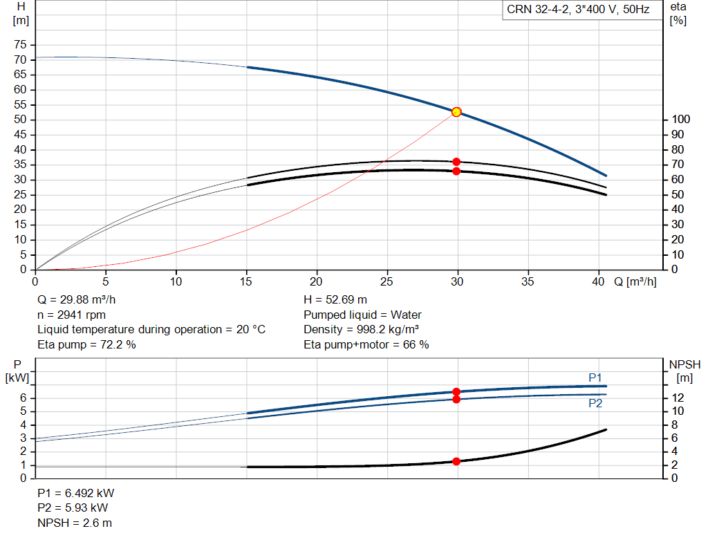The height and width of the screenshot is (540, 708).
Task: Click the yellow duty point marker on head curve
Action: tap(456, 112)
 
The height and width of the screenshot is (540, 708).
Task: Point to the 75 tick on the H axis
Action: tap(21, 45)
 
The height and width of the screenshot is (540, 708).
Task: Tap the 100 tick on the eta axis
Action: tap(680, 120)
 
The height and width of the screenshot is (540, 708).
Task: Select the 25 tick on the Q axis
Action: tap(387, 281)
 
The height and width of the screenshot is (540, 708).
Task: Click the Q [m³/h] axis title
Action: tap(635, 281)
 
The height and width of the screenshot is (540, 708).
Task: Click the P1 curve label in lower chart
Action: tap(595, 377)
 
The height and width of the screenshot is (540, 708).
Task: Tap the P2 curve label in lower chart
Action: tap(595, 403)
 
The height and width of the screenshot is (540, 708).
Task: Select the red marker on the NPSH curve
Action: tap(456, 461)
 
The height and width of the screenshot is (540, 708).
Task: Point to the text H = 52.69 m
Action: tap(335, 300)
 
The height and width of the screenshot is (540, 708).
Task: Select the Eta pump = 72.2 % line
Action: tap(86, 344)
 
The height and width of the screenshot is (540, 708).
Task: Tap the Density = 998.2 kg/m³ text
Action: tap(362, 330)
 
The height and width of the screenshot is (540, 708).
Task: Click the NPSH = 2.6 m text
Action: tap(75, 523)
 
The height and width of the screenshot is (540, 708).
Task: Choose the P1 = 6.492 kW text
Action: tap(76, 494)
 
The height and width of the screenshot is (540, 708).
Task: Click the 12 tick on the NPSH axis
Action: tap(680, 398)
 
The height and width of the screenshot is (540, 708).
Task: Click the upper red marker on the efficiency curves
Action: tap(456, 162)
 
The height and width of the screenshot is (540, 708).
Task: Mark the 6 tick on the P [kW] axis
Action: tap(23, 398)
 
